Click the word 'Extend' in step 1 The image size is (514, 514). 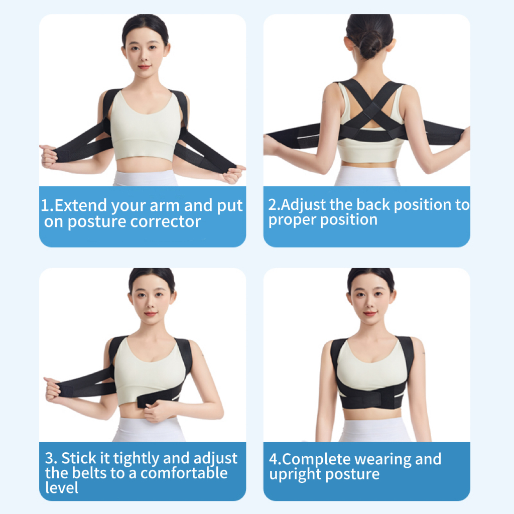[81, 205]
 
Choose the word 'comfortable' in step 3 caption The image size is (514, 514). [184, 473]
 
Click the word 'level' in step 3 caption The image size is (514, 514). [62, 487]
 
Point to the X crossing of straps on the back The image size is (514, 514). [371, 110]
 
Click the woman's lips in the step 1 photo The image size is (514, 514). [144, 67]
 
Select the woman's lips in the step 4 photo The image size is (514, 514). [370, 314]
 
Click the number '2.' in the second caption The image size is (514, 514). [274, 205]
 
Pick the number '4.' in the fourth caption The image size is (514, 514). [275, 459]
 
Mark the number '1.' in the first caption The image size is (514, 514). [47, 206]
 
